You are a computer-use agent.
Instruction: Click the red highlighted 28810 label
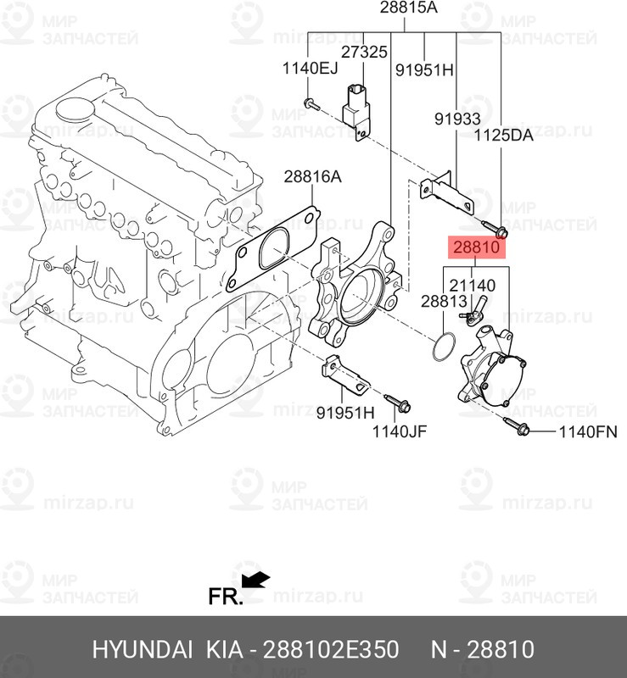478,247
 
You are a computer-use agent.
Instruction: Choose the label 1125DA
503,135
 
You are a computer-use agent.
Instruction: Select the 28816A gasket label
312,177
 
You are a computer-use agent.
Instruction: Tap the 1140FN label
587,432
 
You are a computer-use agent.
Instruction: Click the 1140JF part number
400,432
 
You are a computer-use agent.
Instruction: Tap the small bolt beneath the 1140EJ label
311,105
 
